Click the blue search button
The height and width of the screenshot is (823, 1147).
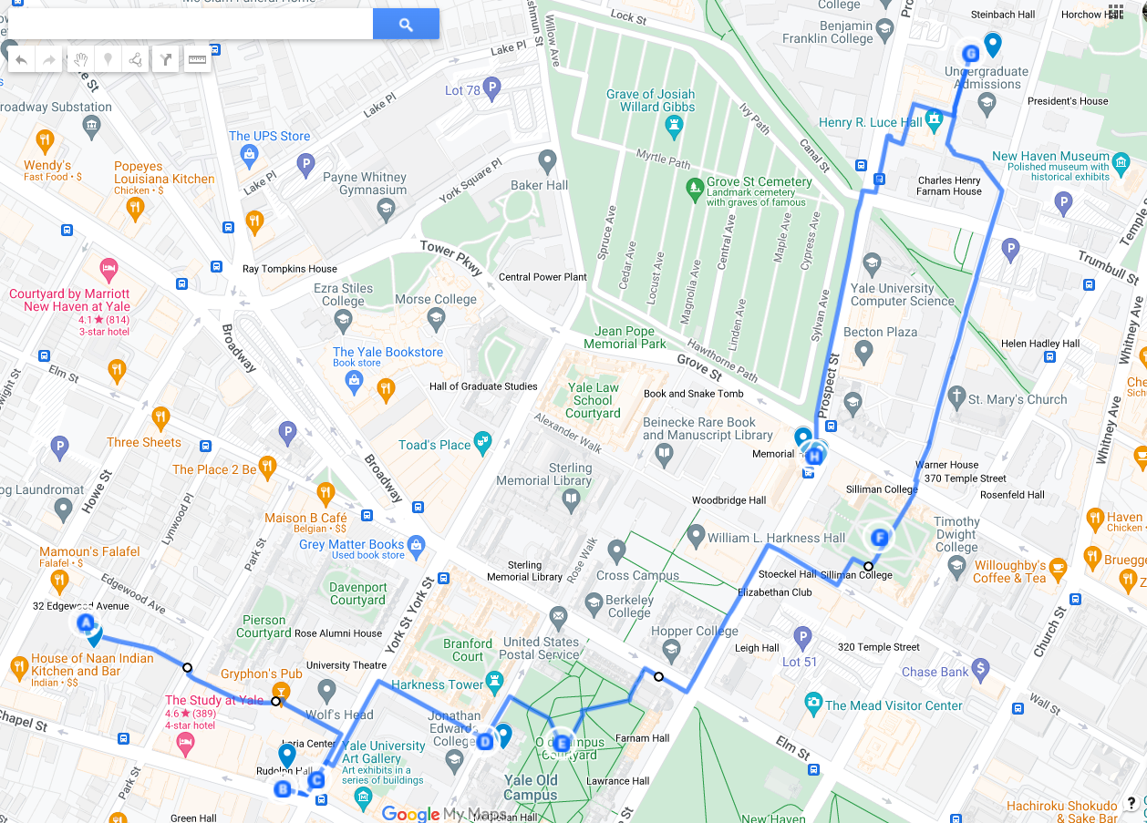click(406, 25)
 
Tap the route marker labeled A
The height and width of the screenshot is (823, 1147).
click(87, 623)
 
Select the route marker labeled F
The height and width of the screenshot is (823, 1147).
click(880, 538)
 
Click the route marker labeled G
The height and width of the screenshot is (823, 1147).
click(970, 54)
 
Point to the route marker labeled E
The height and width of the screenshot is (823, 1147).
click(562, 743)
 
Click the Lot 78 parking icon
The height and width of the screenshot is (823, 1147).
click(492, 89)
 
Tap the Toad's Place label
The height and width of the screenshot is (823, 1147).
click(434, 445)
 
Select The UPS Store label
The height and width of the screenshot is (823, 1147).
click(269, 136)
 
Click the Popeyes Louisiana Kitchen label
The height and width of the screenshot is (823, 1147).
click(164, 173)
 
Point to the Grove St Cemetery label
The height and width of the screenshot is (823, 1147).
click(759, 182)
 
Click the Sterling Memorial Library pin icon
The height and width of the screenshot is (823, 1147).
click(571, 499)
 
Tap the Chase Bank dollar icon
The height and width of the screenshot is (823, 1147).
click(980, 669)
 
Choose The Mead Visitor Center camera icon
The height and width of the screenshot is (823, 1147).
click(813, 703)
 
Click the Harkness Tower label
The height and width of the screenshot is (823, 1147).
click(437, 684)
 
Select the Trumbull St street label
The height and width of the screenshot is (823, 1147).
click(1108, 267)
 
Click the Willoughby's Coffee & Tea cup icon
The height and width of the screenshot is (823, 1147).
click(1059, 567)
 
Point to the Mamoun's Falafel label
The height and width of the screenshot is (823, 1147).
click(89, 551)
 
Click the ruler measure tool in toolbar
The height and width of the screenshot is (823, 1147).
click(197, 59)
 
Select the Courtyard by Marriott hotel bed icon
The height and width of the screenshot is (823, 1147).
click(108, 270)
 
